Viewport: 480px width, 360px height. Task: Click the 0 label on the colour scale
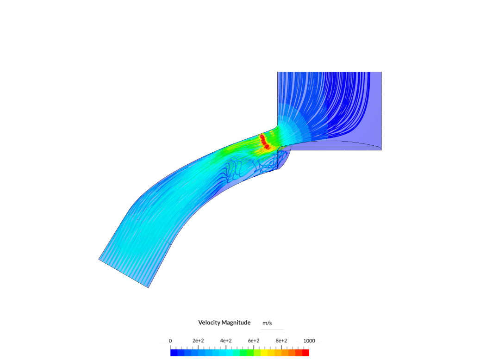170,341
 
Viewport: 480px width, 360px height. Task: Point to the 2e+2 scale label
198,341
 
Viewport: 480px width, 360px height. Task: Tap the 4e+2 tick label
226,341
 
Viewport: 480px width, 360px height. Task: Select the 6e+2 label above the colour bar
254,341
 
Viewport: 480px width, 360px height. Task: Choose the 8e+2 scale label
281,341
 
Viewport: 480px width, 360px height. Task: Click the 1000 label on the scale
309,341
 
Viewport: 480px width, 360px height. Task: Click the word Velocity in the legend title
209,323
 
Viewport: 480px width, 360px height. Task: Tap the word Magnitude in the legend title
236,323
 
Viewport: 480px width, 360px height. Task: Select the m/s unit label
267,323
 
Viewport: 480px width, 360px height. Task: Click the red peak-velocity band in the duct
264,142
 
